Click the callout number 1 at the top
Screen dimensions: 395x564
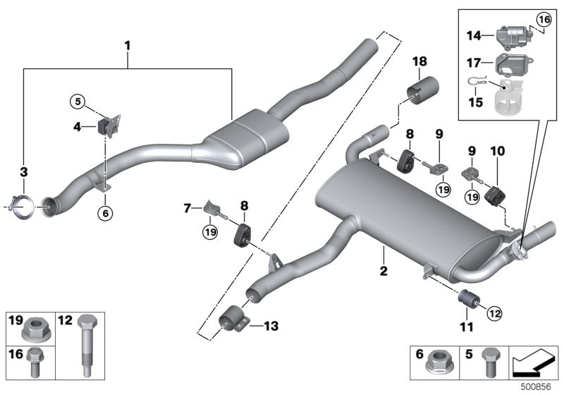[128, 46]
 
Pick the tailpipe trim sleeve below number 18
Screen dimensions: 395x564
[423, 93]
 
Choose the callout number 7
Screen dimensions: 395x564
[187, 209]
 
